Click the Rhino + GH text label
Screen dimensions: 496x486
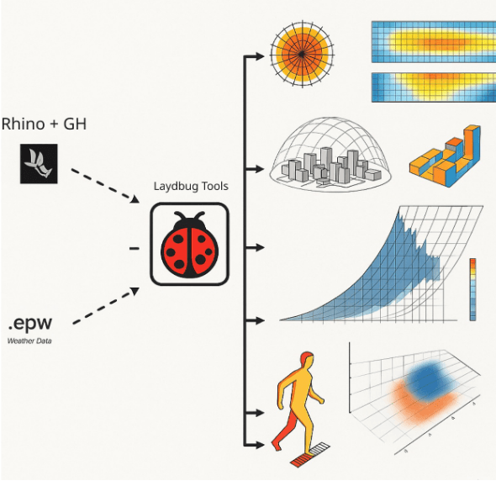pyautogui.click(x=44, y=124)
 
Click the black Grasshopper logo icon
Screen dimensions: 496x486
pyautogui.click(x=39, y=164)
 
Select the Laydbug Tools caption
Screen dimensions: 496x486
pyautogui.click(x=191, y=187)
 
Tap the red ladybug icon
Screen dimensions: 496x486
pyautogui.click(x=189, y=245)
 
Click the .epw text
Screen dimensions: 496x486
pyautogui.click(x=30, y=323)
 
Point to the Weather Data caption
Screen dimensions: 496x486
pyautogui.click(x=29, y=341)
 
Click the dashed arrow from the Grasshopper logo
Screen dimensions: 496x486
pyautogui.click(x=105, y=186)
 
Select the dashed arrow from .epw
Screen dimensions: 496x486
pyautogui.click(x=106, y=306)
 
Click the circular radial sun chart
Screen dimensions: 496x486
pyautogui.click(x=302, y=55)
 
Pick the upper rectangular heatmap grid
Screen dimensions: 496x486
pyautogui.click(x=434, y=42)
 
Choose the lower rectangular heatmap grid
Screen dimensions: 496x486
pyautogui.click(x=434, y=87)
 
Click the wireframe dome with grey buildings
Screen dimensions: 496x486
pyautogui.click(x=330, y=155)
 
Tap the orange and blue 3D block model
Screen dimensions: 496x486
pyautogui.click(x=445, y=156)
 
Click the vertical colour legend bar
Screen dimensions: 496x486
pyautogui.click(x=473, y=289)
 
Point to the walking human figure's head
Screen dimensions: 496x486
pyautogui.click(x=307, y=359)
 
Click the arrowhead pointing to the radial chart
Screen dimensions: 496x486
pyautogui.click(x=260, y=56)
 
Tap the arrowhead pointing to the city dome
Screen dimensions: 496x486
pyautogui.click(x=260, y=169)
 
